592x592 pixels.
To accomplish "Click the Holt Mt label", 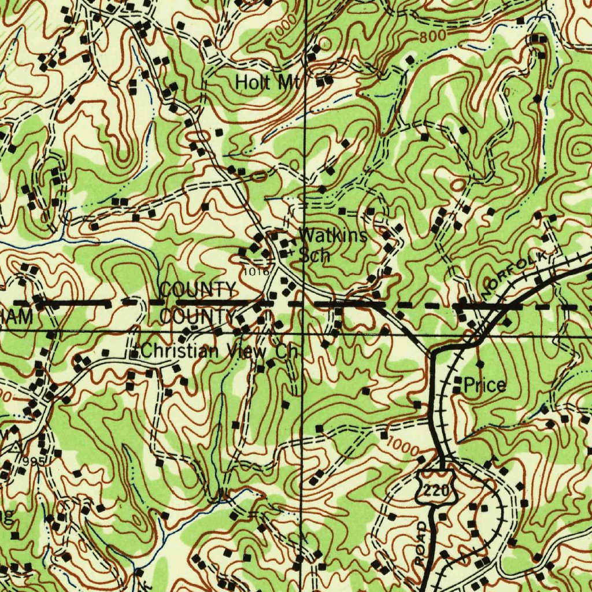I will pos(267,82).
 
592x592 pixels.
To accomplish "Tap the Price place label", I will pos(485,386).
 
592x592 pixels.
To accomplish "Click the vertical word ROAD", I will pos(421,543).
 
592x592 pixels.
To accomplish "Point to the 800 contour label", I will pos(433,35).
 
